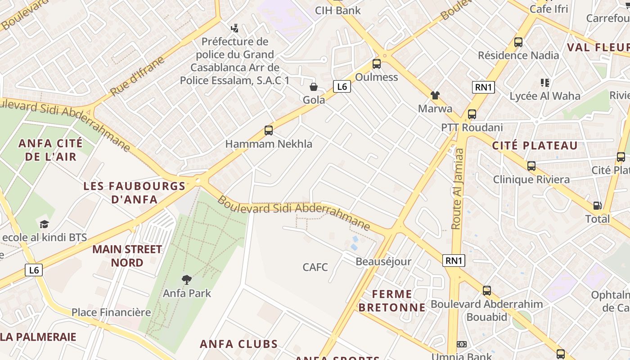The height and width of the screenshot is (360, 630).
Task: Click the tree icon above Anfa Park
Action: [x=186, y=280]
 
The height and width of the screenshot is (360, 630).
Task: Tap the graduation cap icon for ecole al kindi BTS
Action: [x=44, y=224]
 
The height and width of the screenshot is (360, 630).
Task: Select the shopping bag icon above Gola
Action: [x=313, y=86]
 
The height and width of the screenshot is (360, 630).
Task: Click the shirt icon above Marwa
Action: [x=435, y=95]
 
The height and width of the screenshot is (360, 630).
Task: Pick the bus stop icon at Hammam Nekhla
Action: [x=269, y=130]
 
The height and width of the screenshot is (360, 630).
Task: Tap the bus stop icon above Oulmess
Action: [x=377, y=64]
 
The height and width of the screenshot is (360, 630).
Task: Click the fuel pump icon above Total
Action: [x=598, y=206]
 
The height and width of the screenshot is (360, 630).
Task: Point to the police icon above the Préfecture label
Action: [x=234, y=29]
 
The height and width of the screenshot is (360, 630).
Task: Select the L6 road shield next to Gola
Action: [x=342, y=86]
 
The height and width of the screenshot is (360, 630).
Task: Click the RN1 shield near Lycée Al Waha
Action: [x=483, y=87]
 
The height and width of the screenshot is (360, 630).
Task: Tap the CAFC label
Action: [x=315, y=267]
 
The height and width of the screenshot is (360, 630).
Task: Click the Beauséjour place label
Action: [x=383, y=261]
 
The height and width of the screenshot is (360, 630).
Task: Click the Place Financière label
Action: [x=111, y=312]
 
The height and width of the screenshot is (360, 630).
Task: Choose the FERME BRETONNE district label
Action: [x=392, y=301]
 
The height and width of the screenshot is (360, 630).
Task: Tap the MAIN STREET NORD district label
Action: [x=127, y=256]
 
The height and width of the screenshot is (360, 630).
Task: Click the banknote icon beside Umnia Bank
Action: [x=462, y=344]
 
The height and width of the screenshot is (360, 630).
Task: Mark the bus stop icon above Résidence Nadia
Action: [x=518, y=42]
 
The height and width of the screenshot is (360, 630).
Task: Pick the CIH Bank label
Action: [x=337, y=10]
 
